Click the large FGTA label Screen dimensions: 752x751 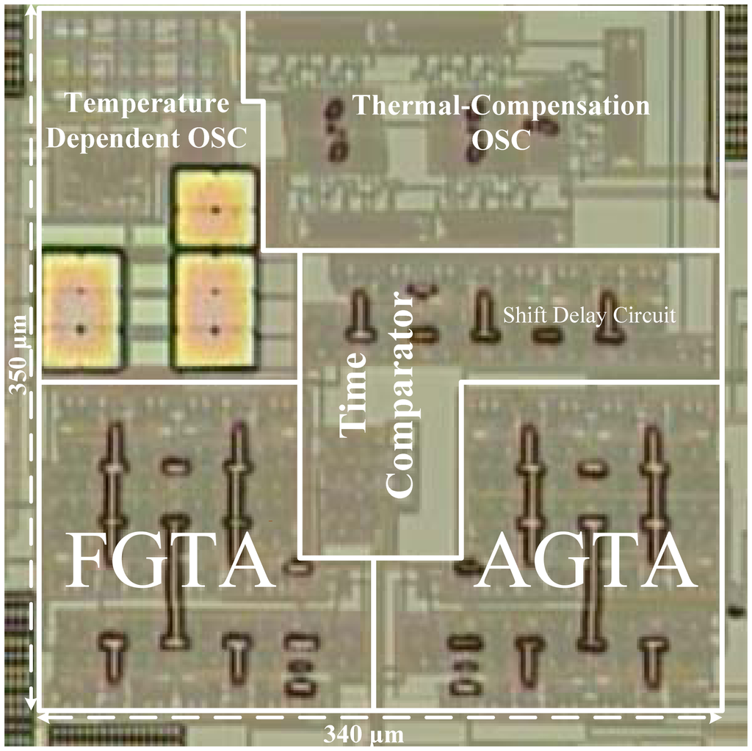click(170, 562)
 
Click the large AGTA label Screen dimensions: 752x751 click(585, 562)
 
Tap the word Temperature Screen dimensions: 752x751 click(148, 104)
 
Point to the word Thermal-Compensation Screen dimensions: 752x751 click(502, 105)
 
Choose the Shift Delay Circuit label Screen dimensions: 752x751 click(589, 316)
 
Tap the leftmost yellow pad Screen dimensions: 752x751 click(81, 309)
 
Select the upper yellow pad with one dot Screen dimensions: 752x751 click(215, 209)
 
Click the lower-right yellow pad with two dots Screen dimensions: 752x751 click(214, 309)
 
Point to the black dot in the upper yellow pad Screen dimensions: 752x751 click(215, 209)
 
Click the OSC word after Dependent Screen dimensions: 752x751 click(221, 138)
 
